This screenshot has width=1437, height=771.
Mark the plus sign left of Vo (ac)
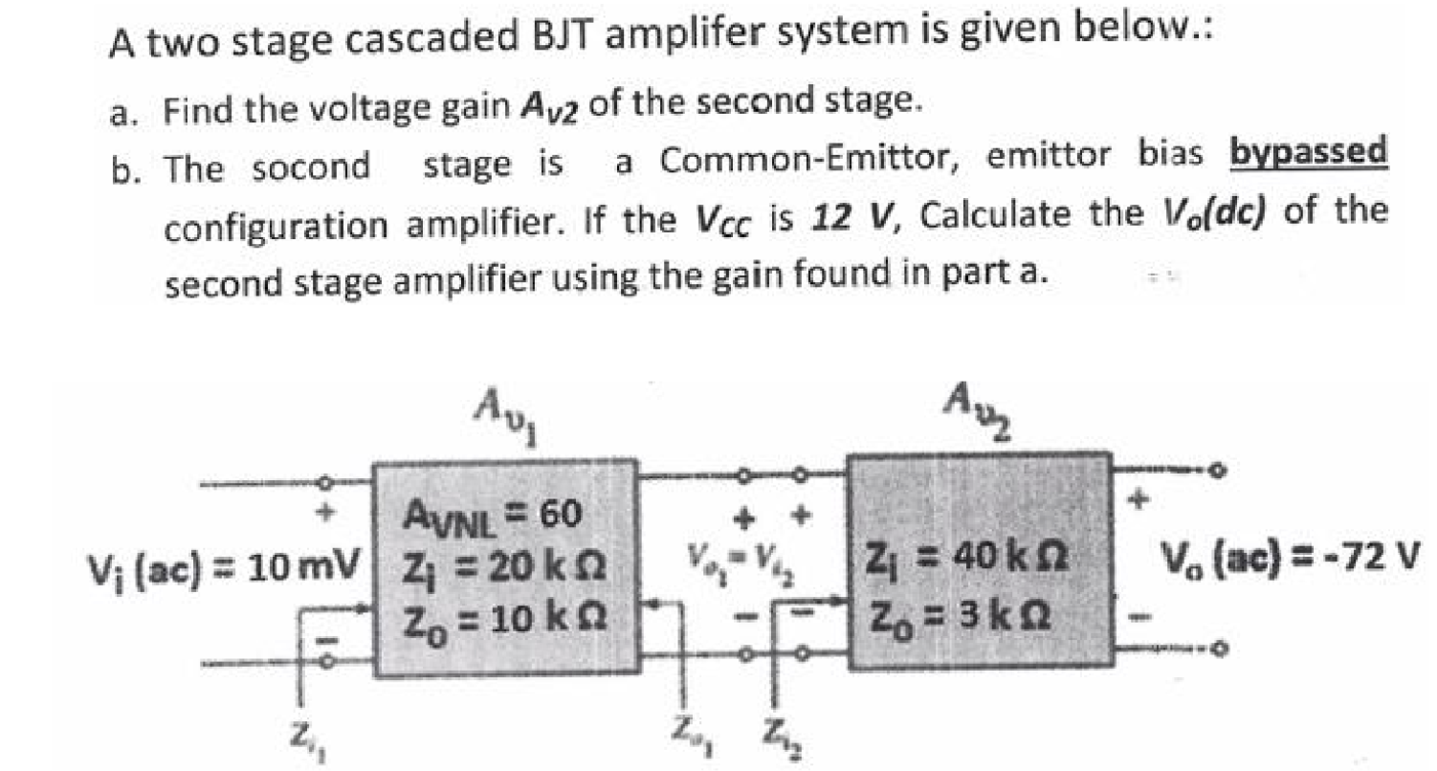pos(1139,498)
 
